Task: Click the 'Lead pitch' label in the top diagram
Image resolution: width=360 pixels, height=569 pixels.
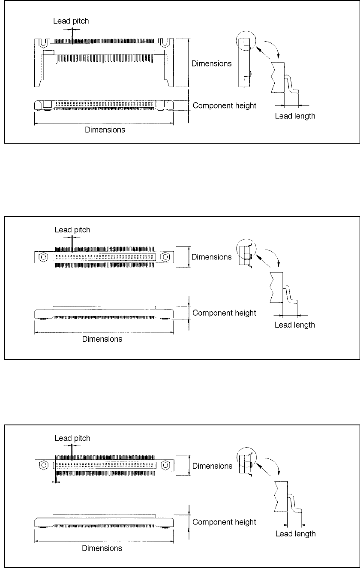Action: (71, 21)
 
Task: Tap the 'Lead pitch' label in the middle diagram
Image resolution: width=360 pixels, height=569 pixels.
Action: (72, 230)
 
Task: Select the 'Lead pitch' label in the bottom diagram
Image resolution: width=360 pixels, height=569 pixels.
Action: (72, 438)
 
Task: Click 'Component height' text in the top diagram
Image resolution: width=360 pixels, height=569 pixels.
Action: (225, 105)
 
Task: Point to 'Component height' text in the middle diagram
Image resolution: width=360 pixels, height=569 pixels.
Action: (224, 313)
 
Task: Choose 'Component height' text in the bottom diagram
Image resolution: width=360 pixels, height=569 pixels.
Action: (224, 522)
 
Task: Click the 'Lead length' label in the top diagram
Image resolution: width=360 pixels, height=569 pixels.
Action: (295, 116)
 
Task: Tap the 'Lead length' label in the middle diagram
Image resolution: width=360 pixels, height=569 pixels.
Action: (295, 325)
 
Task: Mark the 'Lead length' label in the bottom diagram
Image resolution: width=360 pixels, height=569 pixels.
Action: (296, 534)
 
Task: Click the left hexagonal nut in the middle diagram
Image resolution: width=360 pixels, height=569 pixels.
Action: (43, 257)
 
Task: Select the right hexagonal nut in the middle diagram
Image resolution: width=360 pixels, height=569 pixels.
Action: (165, 257)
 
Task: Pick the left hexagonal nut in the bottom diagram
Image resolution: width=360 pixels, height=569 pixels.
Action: (44, 465)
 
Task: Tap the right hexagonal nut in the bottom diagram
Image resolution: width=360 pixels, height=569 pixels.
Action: (165, 465)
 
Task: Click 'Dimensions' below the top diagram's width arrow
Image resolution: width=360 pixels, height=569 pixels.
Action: (105, 130)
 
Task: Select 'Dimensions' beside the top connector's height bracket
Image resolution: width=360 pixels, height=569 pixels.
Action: (211, 63)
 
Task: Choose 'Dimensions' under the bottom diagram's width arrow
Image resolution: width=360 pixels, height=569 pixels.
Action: (102, 548)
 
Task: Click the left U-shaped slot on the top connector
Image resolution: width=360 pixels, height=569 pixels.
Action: (44, 44)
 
